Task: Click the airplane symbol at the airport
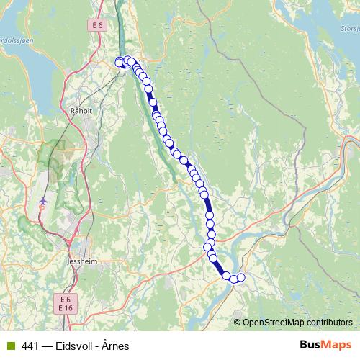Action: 44,199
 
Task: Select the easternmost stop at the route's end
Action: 240,278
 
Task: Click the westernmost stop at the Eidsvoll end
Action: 120,62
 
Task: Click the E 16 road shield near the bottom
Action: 66,308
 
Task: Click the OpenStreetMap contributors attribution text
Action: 297,322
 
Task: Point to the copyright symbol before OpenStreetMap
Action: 237,322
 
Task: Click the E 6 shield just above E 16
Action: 66,299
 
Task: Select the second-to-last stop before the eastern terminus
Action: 233,279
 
